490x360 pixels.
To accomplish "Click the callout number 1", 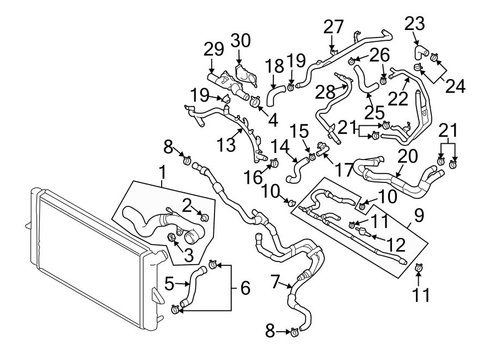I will (x=162, y=174).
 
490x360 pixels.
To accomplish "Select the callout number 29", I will (x=214, y=50).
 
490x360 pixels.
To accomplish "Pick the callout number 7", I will (x=276, y=281).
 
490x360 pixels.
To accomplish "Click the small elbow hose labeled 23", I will (x=420, y=52).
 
